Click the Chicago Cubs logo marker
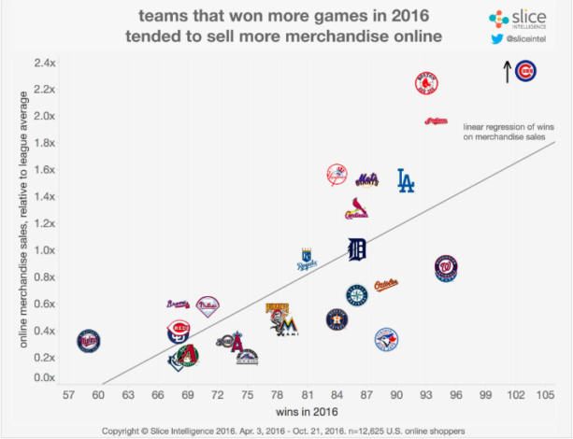[527, 70]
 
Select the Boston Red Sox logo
[427, 84]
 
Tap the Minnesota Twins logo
[89, 339]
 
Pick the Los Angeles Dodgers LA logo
[405, 180]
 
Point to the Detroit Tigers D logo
[357, 249]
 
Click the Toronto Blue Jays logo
[386, 339]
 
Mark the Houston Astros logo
[336, 319]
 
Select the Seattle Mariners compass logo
[357, 295]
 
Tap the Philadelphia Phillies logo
[208, 304]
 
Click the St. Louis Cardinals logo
[355, 209]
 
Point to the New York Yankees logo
[337, 175]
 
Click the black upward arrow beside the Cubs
[508, 71]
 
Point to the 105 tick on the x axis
[545, 396]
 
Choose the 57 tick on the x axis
[69, 396]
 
